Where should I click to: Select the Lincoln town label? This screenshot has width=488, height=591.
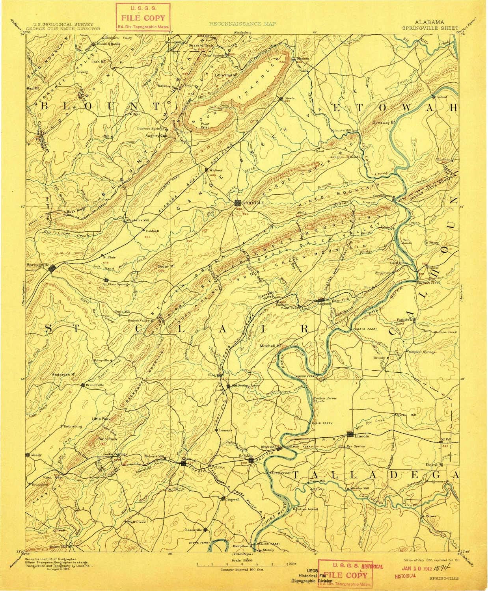click(361, 436)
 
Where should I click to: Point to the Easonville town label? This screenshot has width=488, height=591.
click(194, 530)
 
